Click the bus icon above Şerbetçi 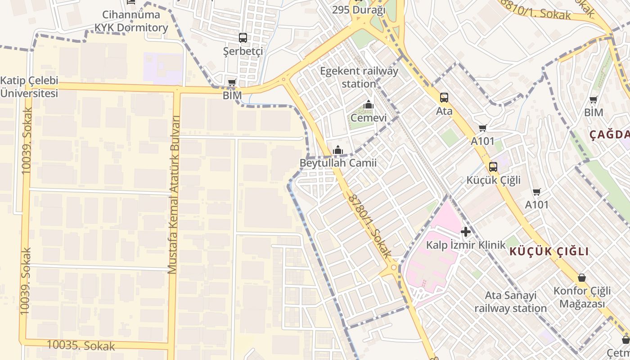pyautogui.click(x=243, y=37)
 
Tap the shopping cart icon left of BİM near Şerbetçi pyautogui.click(x=232, y=82)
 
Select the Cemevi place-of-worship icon pyautogui.click(x=369, y=105)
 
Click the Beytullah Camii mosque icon pyautogui.click(x=338, y=150)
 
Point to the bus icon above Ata pyautogui.click(x=444, y=97)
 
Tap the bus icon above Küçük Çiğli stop pyautogui.click(x=493, y=167)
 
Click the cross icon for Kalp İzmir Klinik pyautogui.click(x=466, y=232)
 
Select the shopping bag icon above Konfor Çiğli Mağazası pyautogui.click(x=582, y=278)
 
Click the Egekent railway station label pyautogui.click(x=359, y=77)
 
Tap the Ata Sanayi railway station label pyautogui.click(x=510, y=302)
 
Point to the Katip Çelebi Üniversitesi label pyautogui.click(x=29, y=87)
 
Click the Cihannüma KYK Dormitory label pyautogui.click(x=131, y=21)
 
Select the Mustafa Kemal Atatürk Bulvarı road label pyautogui.click(x=174, y=194)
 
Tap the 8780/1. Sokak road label pyautogui.click(x=369, y=226)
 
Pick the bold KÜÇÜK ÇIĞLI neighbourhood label pyautogui.click(x=549, y=252)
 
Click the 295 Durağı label pyautogui.click(x=359, y=10)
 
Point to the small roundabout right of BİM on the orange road pyautogui.click(x=283, y=80)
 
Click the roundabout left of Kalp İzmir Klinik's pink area pyautogui.click(x=394, y=268)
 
